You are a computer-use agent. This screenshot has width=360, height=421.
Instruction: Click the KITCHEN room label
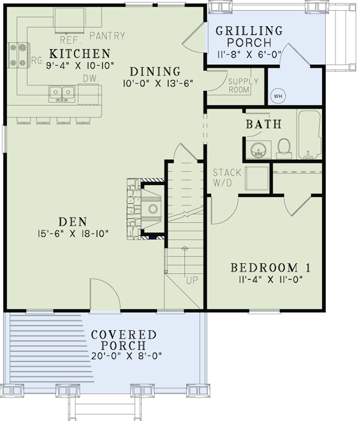point(80,53)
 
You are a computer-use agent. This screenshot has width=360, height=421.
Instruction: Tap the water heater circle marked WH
point(278,96)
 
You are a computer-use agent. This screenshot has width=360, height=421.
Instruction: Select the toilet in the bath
point(284,148)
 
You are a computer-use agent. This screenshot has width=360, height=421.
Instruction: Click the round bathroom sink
point(259,150)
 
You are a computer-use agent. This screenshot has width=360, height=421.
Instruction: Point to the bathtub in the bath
point(309,135)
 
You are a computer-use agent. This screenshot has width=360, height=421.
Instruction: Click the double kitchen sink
point(62,93)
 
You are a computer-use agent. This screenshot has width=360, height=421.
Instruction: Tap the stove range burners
point(18,55)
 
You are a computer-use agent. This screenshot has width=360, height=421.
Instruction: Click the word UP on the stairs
point(192,280)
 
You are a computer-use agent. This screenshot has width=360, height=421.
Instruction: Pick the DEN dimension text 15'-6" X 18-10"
point(73,234)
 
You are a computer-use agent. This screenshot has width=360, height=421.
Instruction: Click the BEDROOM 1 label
point(271,268)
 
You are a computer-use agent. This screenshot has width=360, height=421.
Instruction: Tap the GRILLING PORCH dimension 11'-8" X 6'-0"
point(249,54)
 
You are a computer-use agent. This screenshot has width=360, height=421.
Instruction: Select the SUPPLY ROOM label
point(243,85)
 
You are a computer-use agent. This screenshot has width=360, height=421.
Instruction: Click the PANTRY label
point(107,35)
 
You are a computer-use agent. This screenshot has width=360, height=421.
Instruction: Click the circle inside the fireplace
point(153,208)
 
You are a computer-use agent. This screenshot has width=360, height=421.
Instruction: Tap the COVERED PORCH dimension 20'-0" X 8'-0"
point(127,356)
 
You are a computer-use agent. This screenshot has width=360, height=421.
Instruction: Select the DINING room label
point(155,71)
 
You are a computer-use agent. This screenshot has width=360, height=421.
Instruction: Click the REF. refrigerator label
point(70,40)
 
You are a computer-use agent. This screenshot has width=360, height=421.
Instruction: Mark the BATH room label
point(263,124)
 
